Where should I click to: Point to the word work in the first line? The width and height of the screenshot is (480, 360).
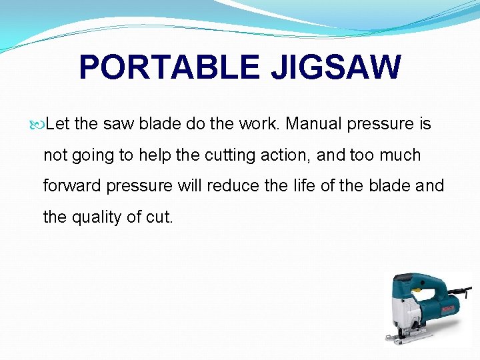click(259, 124)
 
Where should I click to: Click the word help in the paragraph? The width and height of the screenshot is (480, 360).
click(154, 155)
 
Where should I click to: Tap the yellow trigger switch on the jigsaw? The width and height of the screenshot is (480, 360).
click(417, 291)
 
